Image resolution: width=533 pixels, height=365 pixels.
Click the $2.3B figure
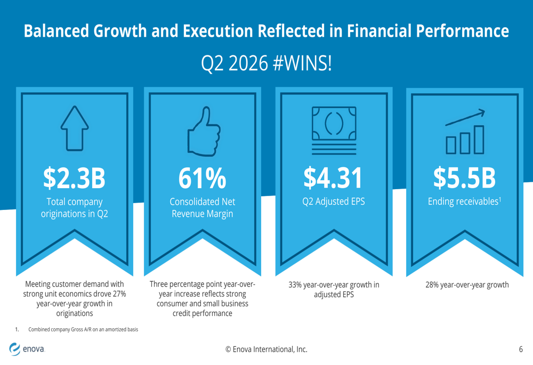pos(75,178)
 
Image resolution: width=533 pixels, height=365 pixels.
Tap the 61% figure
pos(202,178)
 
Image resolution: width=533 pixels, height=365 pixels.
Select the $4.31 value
pos(333,178)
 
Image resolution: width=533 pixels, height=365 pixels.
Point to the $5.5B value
pos(464,178)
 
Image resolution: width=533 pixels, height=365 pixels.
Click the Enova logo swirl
pos(14,348)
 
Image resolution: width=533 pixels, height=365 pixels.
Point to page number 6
pos(521,350)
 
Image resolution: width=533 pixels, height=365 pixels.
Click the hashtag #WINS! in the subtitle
pos(303,63)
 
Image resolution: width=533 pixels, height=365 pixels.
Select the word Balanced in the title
pos(56,30)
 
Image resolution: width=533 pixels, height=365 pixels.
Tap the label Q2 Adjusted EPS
pos(334,201)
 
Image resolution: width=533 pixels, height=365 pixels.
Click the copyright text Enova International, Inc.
pos(266,350)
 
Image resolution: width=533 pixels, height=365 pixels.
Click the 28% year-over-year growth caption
pos(467,285)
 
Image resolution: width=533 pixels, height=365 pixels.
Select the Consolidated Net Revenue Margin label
pos(202,208)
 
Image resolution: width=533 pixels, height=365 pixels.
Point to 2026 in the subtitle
pos(248,63)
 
